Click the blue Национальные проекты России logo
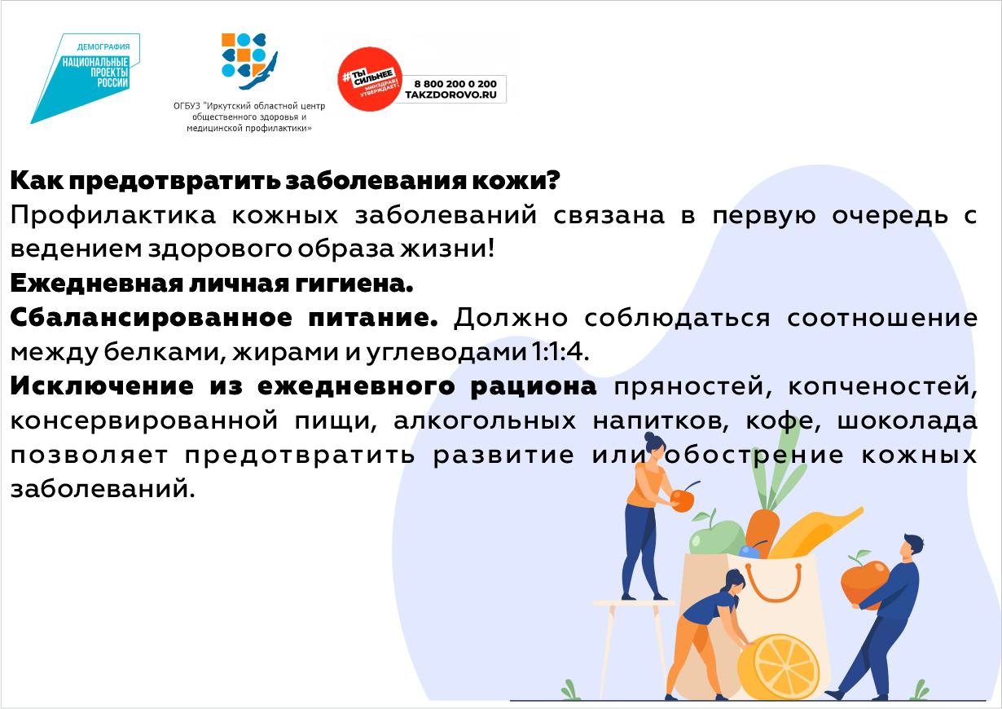pos(85,78)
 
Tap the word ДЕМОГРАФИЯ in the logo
pos(103,46)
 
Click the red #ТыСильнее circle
pos(370,79)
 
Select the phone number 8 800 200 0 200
pos(455,84)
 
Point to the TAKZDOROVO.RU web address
pos(451,95)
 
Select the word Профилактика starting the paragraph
pos(113,215)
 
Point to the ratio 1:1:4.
pos(560,352)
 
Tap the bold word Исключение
pos(102,386)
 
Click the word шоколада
pos(908,421)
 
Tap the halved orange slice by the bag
pos(779,667)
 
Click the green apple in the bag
pos(716,537)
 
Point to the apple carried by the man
pos(864,581)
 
